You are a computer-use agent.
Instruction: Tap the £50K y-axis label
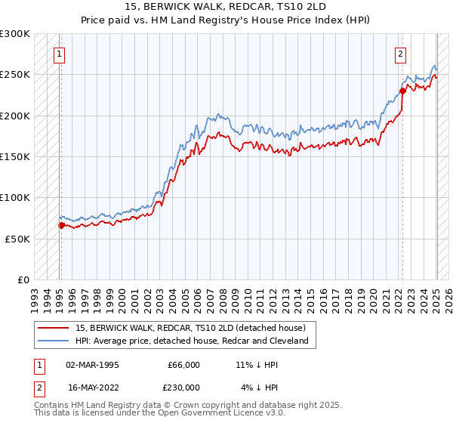pyautogui.click(x=17, y=238)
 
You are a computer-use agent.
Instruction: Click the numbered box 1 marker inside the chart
pyautogui.click(x=58, y=54)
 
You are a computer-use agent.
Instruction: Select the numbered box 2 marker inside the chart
pyautogui.click(x=399, y=54)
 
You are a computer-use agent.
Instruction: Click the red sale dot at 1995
pyautogui.click(x=61, y=225)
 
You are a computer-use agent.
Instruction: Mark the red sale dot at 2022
pyautogui.click(x=403, y=91)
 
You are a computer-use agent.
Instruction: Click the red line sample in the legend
pyautogui.click(x=54, y=329)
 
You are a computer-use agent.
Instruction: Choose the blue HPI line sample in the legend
pyautogui.click(x=54, y=341)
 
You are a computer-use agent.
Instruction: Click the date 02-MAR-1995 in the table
pyautogui.click(x=93, y=365)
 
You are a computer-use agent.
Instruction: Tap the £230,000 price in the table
pyautogui.click(x=183, y=387)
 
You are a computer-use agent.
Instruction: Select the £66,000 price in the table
pyautogui.click(x=183, y=365)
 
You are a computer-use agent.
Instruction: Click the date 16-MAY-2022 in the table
pyautogui.click(x=93, y=387)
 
